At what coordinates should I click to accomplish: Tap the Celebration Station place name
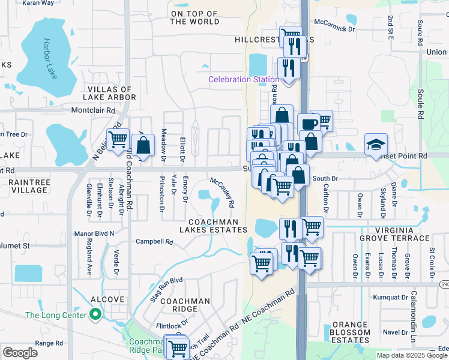pyautogui.click(x=243, y=79)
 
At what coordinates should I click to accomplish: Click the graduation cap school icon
pyautogui.click(x=376, y=144)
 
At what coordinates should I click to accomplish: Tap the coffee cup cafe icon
pyautogui.click(x=309, y=124)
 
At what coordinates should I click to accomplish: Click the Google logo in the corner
pyautogui.click(x=20, y=353)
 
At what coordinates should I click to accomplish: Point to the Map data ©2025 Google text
pyautogui.click(x=412, y=355)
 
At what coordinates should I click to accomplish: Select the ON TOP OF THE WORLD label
pyautogui.click(x=194, y=17)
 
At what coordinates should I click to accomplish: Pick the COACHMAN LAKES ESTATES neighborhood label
pyautogui.click(x=214, y=226)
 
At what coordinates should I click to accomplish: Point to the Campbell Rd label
pyautogui.click(x=154, y=242)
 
